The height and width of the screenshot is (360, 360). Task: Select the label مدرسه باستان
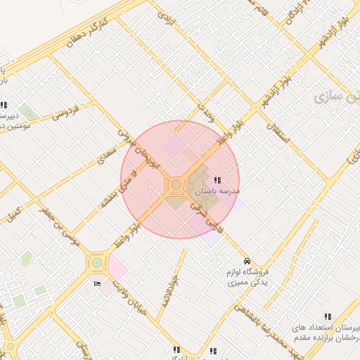pyautogui.click(x=217, y=191)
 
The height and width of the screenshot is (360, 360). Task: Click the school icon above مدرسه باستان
pyautogui.click(x=217, y=181)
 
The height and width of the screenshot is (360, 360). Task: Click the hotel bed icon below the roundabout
pyautogui.click(x=97, y=283)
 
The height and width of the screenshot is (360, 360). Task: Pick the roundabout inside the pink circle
pyautogui.click(x=175, y=184)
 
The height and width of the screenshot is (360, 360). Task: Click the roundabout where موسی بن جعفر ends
pyautogui.click(x=96, y=264)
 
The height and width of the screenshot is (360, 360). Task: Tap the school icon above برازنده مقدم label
pyautogui.click(x=327, y=317)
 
